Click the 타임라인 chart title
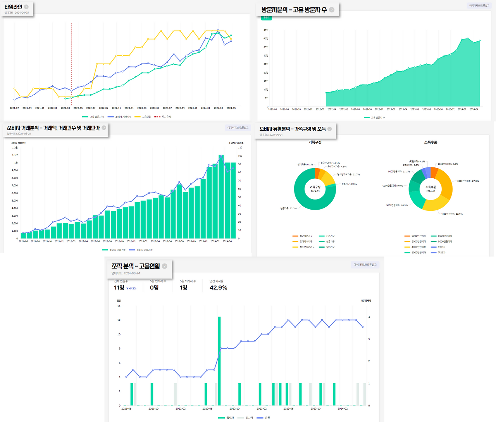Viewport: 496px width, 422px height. (13, 7)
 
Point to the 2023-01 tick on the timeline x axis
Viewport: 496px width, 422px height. (129, 108)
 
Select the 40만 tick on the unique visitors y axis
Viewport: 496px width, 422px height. (266, 38)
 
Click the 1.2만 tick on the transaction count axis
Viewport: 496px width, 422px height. (15, 148)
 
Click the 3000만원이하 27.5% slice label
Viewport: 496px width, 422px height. (468, 181)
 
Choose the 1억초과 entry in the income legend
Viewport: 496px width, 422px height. (441, 253)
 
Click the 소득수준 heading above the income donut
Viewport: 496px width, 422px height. (431, 142)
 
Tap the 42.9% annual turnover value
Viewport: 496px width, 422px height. (218, 288)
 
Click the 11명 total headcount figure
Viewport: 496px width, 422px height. (119, 288)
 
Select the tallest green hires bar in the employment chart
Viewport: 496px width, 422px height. (219, 360)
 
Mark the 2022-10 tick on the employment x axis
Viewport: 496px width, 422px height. (234, 408)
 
